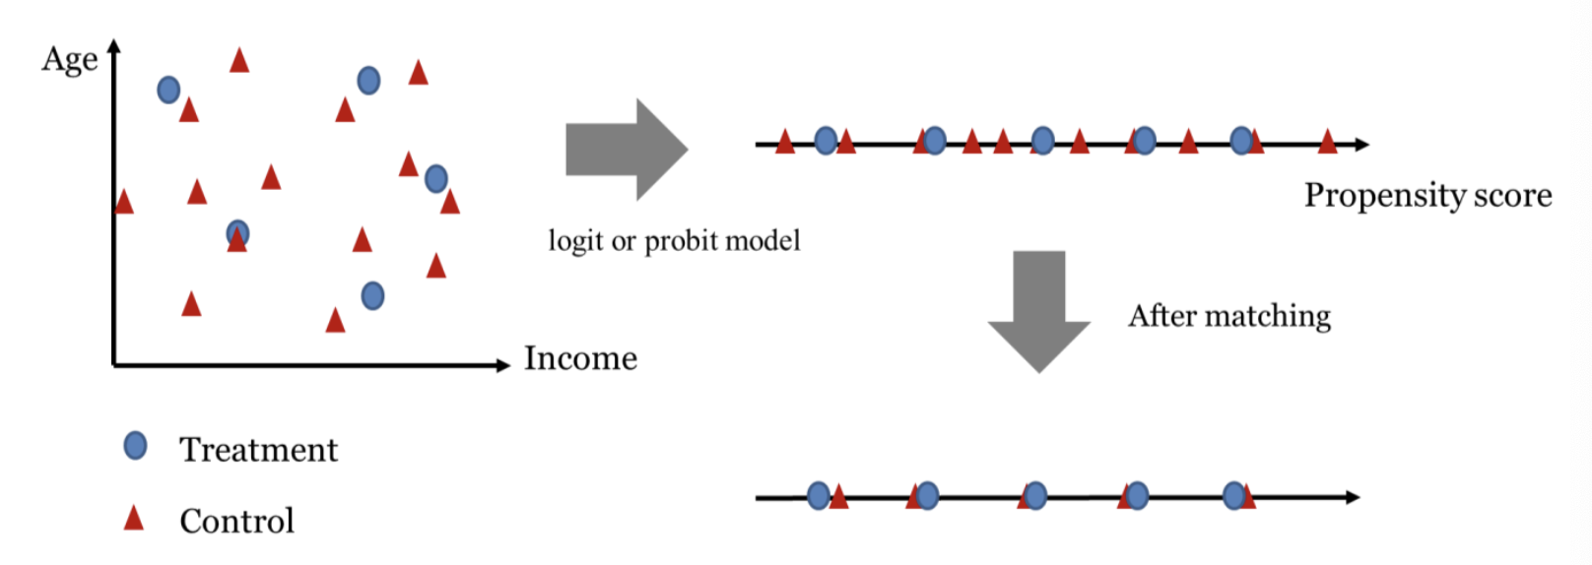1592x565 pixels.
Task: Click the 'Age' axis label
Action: coord(69,60)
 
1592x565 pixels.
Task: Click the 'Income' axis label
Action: coord(580,358)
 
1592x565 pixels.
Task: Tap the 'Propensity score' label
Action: coord(1427,195)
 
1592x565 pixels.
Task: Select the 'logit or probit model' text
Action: coord(674,241)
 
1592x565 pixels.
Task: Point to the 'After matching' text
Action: coord(1229,316)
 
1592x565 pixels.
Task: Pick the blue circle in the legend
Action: coord(135,446)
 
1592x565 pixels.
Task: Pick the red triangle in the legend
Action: coord(133,518)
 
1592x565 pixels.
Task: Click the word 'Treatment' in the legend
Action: coord(258,450)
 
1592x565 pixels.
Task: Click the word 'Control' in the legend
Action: coord(236,521)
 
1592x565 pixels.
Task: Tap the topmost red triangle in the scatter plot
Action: coord(238,60)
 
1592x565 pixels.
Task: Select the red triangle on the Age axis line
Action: coord(123,202)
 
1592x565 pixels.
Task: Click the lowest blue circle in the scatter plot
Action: coord(372,295)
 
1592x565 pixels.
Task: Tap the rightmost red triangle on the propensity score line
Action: coord(1327,143)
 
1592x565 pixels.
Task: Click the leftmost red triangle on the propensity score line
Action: coord(784,143)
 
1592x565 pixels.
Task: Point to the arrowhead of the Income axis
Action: coord(503,365)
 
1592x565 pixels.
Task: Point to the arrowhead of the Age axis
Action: coord(114,45)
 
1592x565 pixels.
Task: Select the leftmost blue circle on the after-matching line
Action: coord(818,496)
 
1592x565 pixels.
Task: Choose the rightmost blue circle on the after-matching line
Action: coord(1233,495)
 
